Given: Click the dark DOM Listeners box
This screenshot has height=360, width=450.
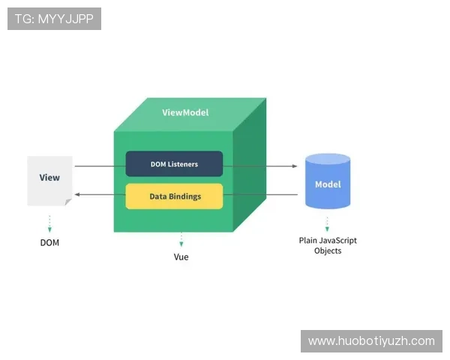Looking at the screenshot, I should tap(174, 163).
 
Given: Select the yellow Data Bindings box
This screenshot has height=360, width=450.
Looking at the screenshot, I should tap(174, 196).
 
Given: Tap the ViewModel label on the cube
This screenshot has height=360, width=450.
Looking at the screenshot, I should tap(185, 112).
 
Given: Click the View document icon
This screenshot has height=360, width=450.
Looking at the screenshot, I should tap(49, 180).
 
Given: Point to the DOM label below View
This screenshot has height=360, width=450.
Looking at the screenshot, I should tap(49, 242).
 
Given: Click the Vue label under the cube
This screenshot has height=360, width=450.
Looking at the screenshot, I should tap(181, 256).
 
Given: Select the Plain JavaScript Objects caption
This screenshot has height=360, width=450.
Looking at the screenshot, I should tap(328, 245).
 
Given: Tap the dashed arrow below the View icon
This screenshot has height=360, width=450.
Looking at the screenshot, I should tap(49, 223).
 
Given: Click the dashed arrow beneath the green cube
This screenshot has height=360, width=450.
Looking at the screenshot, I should tap(181, 240).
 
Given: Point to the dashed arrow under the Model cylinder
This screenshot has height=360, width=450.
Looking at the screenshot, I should tap(327, 223).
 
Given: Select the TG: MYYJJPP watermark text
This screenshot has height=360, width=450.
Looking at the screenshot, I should tap(54, 19).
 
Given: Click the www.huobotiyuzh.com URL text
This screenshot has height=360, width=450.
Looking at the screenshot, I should tap(371, 341).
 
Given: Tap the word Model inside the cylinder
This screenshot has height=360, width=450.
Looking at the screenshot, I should tap(328, 184).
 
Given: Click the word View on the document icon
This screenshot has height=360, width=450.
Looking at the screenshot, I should tap(49, 178).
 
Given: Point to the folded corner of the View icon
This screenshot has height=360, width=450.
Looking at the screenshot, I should tap(68, 202).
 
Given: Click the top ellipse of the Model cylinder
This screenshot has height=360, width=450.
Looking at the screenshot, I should tap(328, 159).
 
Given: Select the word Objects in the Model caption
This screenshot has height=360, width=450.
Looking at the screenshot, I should tap(328, 250).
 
